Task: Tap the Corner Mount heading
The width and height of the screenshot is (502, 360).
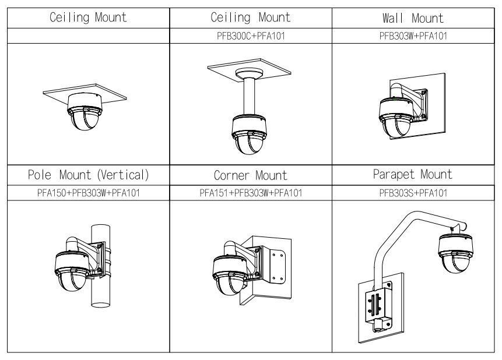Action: [x=251, y=175]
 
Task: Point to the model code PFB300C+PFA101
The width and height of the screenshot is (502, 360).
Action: [x=251, y=34]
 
